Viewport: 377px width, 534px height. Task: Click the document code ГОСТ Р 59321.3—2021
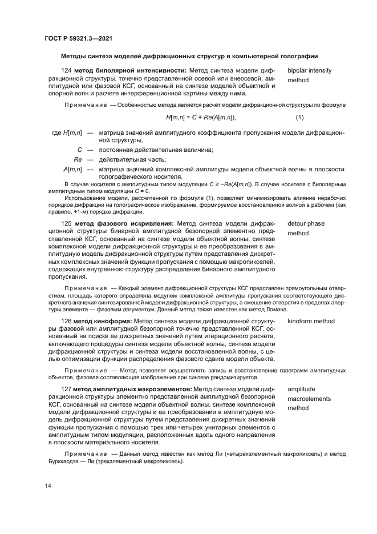78,38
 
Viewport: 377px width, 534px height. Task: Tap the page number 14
48,485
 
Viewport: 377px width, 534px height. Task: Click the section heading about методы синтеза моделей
189,56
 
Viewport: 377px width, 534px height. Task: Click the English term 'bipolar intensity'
309,70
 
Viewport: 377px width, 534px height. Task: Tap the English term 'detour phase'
306,223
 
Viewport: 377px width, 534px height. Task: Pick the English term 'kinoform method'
311,322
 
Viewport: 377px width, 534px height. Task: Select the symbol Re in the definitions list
79,159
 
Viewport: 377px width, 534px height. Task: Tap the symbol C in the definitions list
80,150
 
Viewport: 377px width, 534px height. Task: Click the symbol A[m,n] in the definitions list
72,169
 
